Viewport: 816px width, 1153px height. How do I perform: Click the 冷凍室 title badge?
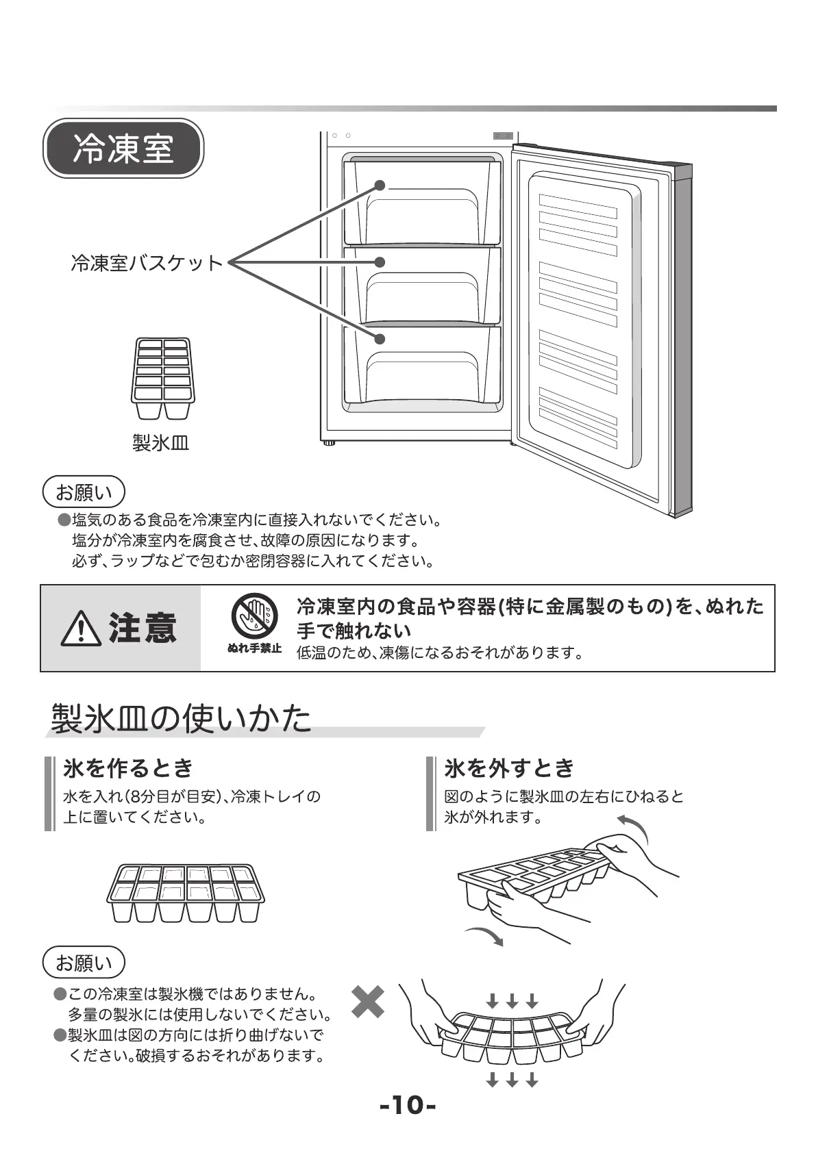pos(123,149)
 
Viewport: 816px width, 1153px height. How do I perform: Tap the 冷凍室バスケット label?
pos(147,263)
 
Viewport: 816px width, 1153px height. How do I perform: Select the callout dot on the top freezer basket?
pos(380,186)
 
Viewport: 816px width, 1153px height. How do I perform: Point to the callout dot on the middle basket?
pos(380,262)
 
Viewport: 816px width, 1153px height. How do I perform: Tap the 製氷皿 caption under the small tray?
pos(160,443)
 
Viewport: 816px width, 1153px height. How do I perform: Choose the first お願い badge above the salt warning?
pos(84,492)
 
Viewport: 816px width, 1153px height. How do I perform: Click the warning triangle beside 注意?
pos(81,629)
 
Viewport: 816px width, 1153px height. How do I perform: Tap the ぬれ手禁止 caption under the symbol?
pos(254,648)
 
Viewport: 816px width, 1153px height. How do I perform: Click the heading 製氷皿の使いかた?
pos(182,718)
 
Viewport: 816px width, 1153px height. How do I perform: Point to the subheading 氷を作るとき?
pos(129,768)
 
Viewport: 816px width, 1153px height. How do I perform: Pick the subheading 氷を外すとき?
pos(509,768)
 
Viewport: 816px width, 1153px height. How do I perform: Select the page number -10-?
pos(408,1105)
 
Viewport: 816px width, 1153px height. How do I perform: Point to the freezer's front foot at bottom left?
pos(330,443)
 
